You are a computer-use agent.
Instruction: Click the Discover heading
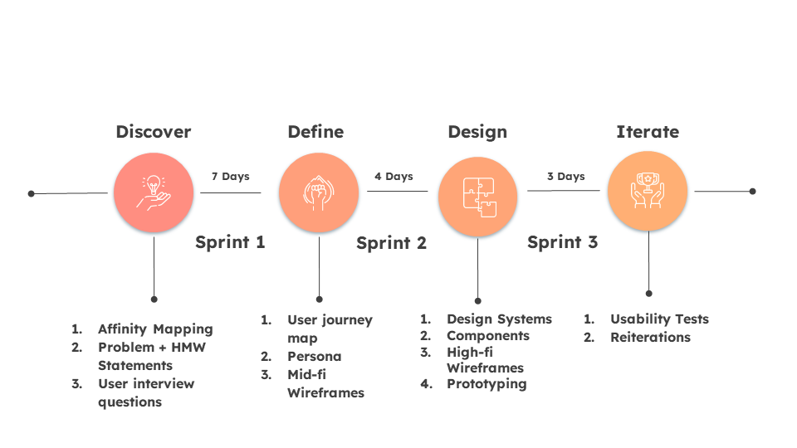pos(153,132)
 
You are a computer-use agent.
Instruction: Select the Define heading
pos(315,132)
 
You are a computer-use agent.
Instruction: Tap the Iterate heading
pos(647,132)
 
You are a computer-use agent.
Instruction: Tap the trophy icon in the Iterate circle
pos(648,191)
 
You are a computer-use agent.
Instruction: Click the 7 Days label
pos(230,177)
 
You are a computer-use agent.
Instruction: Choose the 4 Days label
pos(394,177)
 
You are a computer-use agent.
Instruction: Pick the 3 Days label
pos(565,177)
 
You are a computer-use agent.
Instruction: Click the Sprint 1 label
pos(230,242)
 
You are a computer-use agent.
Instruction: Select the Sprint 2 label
pos(391,243)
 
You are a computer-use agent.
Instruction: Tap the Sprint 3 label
pos(562,242)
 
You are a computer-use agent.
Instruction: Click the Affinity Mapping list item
pos(155,329)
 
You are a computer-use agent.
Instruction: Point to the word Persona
pos(314,356)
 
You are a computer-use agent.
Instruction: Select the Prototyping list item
pos(487,383)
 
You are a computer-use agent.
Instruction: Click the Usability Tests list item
pos(659,319)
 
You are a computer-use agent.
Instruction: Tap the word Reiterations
pos(650,337)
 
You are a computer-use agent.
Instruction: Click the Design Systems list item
pos(499,319)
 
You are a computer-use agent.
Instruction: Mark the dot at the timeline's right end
pos(752,191)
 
